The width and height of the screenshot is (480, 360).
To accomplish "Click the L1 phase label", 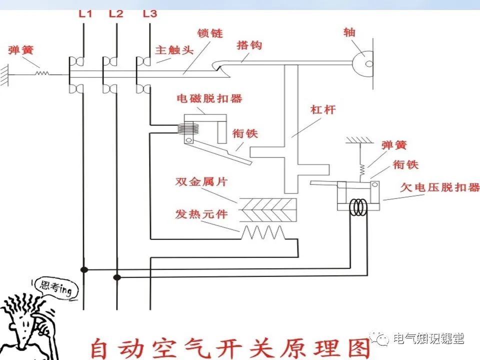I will [85, 13].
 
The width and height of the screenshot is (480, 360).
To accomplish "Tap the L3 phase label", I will [149, 13].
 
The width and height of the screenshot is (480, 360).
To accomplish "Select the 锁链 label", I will [210, 34].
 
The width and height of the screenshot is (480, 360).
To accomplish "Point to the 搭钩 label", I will [249, 45].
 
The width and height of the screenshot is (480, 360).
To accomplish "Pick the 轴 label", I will [349, 32].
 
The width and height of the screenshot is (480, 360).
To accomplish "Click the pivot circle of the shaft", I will [369, 63].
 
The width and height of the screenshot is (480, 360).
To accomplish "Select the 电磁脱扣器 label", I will [209, 98].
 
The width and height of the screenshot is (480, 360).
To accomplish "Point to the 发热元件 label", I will [201, 214].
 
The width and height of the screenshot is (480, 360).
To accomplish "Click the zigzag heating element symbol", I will [263, 232].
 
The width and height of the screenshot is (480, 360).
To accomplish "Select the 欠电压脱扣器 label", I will [440, 187].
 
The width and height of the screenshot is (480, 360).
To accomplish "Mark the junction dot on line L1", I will [84, 269].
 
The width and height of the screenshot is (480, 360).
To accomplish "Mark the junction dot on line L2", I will [117, 276].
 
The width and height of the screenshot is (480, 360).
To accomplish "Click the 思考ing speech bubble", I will [52, 289].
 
